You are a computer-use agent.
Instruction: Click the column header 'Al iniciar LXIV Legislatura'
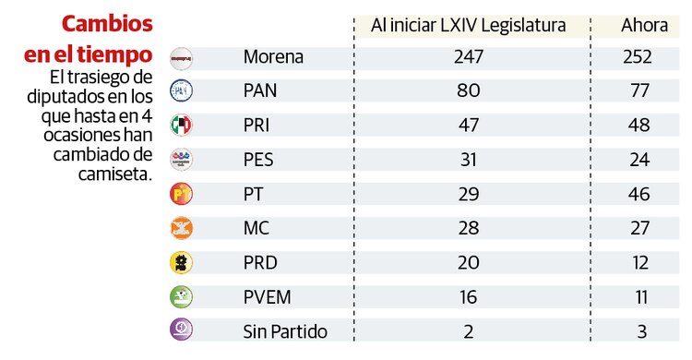[468, 25]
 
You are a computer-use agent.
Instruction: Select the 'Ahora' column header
[644, 25]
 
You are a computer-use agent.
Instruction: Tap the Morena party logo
[182, 58]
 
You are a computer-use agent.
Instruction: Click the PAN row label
[261, 91]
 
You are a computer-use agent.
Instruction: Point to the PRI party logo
[182, 126]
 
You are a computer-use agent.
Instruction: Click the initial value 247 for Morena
[469, 57]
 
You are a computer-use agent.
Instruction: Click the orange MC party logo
[182, 228]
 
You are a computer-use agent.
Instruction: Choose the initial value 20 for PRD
[469, 262]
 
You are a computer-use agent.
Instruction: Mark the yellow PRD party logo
[182, 262]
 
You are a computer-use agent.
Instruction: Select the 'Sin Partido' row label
[285, 330]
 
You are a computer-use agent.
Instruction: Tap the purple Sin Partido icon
[182, 330]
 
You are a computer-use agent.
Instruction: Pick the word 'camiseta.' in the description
[114, 171]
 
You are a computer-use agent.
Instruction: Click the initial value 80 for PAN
[469, 91]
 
